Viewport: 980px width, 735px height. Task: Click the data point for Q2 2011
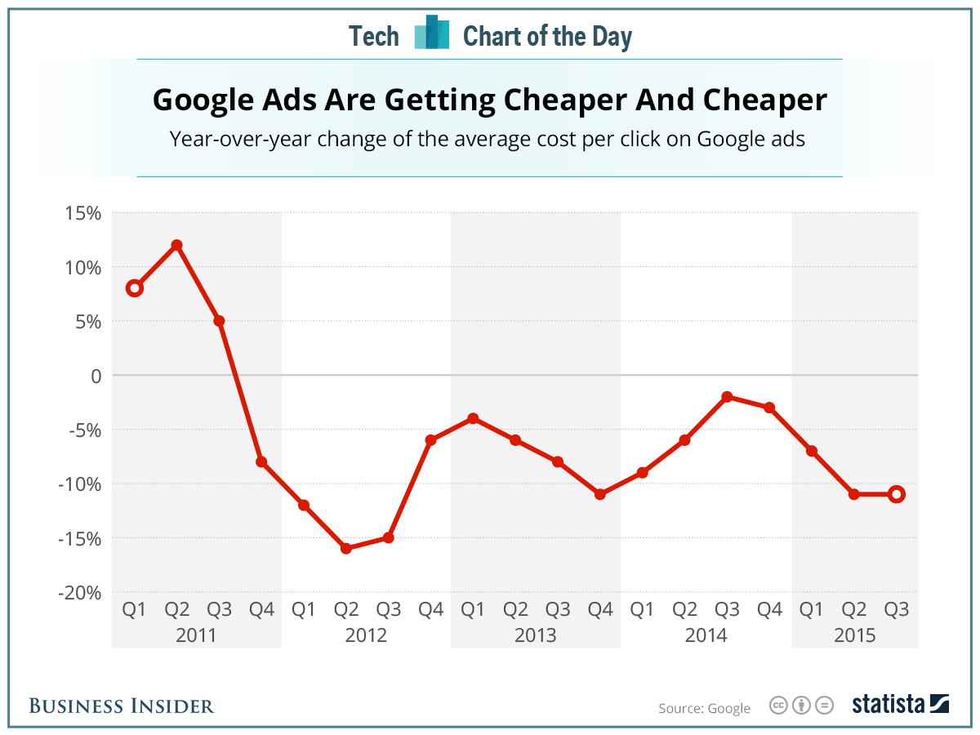tap(176, 245)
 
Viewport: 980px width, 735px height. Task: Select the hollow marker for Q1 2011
tap(135, 287)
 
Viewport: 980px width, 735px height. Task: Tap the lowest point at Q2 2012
tap(346, 548)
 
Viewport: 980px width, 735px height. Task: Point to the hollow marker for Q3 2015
tap(897, 494)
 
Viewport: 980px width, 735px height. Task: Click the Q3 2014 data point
tap(727, 397)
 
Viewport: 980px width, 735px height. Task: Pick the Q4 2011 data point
tap(261, 461)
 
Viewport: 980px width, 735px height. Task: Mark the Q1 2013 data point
tap(473, 418)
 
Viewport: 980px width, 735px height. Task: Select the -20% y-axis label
tap(78, 592)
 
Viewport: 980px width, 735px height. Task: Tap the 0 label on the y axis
tap(95, 376)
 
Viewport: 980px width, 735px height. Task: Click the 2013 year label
tap(535, 635)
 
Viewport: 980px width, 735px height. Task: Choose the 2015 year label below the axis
tap(854, 635)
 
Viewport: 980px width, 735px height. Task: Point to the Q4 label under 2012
tap(430, 609)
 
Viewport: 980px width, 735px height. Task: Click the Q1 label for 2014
tap(642, 609)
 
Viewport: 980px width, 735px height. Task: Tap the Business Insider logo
tap(122, 706)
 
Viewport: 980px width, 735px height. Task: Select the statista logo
tap(900, 704)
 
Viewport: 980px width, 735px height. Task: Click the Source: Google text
tap(704, 708)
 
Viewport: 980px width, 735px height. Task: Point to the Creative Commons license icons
tap(801, 705)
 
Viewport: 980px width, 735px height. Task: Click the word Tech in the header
tap(374, 37)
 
